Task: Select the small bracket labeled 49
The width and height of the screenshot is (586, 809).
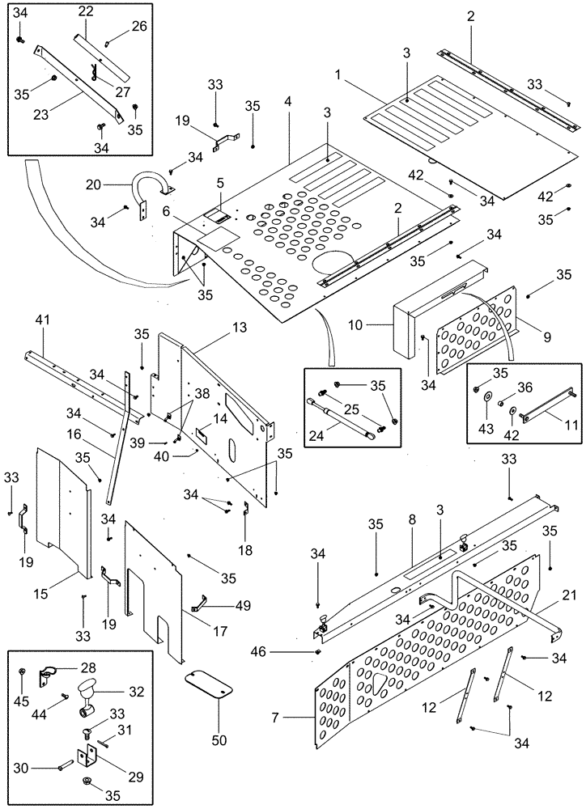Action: (x=202, y=603)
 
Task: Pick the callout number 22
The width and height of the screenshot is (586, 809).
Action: (x=85, y=12)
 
